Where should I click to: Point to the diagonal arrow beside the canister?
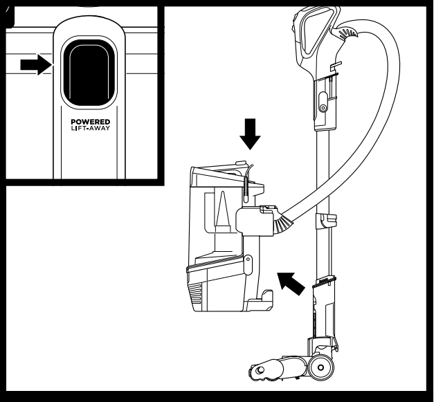click(291, 281)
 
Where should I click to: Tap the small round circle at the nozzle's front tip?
click(259, 372)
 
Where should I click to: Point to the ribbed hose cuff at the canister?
click(282, 223)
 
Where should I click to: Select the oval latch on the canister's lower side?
click(248, 264)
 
